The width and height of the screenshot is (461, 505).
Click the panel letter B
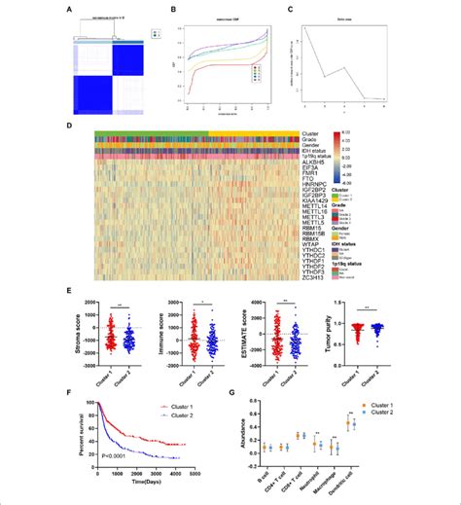(171, 11)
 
